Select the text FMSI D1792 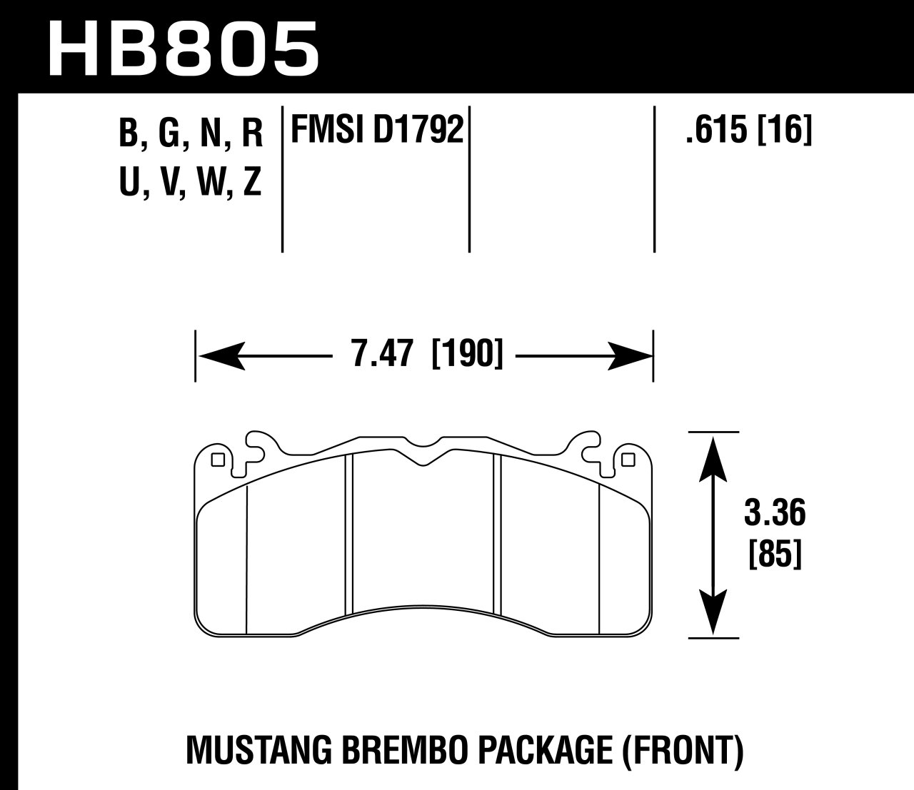376,131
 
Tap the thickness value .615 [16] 748,131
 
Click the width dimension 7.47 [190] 427,355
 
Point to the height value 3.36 775,513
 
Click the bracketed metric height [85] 775,554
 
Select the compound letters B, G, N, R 191,133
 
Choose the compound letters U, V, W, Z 191,183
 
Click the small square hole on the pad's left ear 219,460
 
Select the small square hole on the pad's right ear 628,460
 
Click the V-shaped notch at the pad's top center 424,460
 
